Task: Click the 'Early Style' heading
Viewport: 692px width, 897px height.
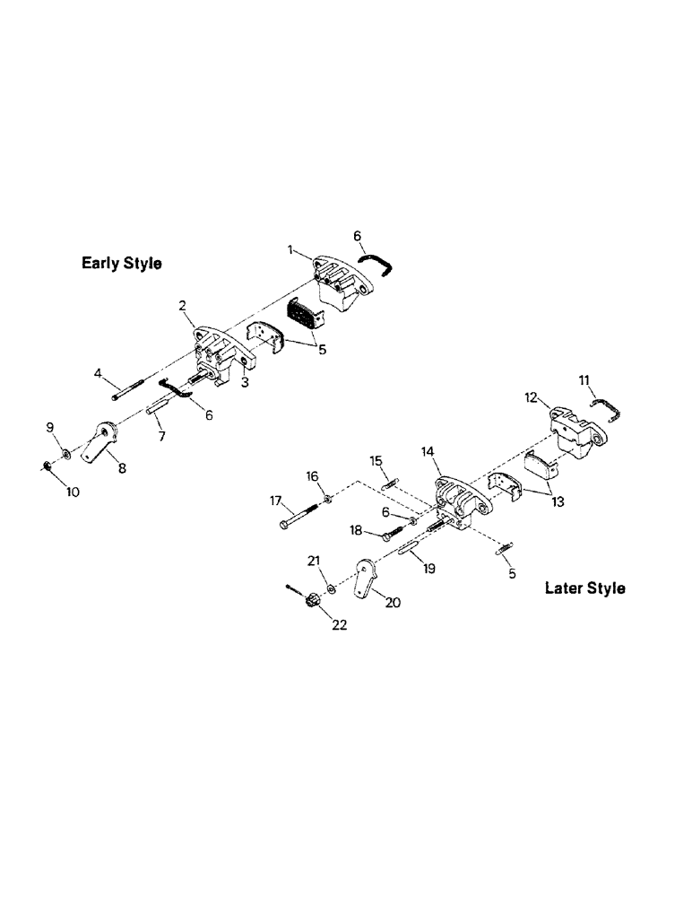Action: pos(121,264)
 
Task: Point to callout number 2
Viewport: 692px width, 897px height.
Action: pos(182,306)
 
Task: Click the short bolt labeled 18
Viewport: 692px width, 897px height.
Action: pos(394,535)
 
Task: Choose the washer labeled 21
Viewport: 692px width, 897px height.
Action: pos(333,588)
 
